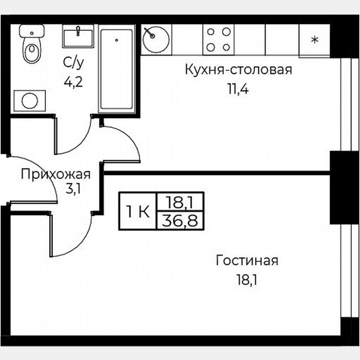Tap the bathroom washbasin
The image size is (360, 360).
point(78,36)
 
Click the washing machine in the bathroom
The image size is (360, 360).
point(30,100)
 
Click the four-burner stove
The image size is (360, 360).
point(218,39)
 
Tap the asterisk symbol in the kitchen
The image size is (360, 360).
point(315,40)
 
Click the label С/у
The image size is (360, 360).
point(73,63)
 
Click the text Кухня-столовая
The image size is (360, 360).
point(238,70)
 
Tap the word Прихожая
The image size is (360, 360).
point(56,173)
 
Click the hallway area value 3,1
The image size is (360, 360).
point(73,189)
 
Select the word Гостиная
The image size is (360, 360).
point(247,261)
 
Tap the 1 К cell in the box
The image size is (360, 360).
point(138,212)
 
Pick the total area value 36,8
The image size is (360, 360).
point(180,220)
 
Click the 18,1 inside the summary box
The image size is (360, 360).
point(180,202)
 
